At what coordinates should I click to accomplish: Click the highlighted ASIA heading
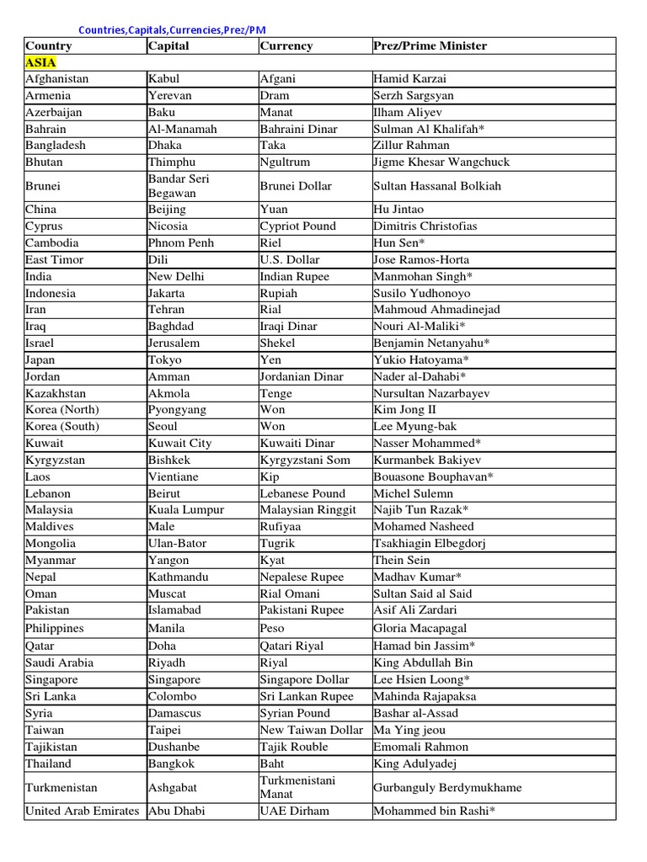tap(40, 62)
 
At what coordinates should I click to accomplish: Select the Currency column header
tap(286, 45)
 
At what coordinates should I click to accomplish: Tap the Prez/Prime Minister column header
tap(430, 45)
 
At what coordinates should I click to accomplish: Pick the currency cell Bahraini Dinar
tap(298, 129)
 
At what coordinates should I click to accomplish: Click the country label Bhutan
tap(44, 162)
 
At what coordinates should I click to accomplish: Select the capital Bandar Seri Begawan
tap(179, 185)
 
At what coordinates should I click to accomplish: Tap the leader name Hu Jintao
tap(398, 209)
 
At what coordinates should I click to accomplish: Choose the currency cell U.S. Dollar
tap(290, 259)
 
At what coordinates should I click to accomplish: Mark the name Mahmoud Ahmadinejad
tap(436, 309)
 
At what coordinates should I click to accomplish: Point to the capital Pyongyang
tap(178, 409)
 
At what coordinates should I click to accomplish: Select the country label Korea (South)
tap(61, 426)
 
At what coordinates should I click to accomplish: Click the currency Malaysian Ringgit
tap(308, 509)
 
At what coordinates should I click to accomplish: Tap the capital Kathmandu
tap(178, 577)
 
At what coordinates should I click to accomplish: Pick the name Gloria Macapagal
tap(420, 628)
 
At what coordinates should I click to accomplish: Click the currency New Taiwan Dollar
tap(312, 730)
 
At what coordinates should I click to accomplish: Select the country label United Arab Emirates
tap(82, 811)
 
